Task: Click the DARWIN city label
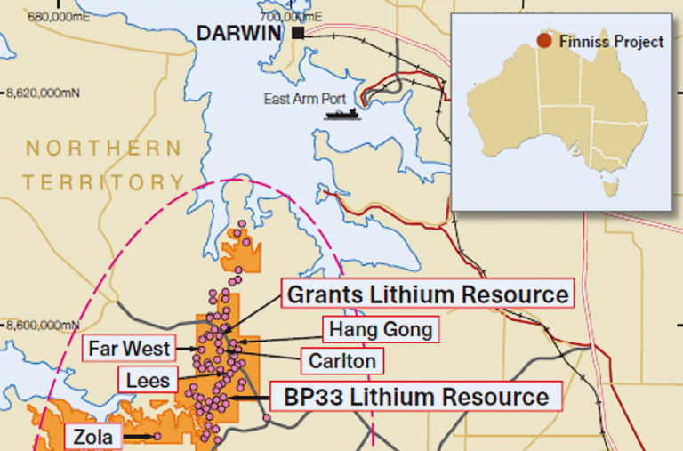click(242, 33)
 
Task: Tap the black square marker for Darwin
click(297, 33)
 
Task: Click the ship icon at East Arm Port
click(342, 114)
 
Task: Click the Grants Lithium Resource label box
click(426, 294)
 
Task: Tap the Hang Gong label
click(381, 330)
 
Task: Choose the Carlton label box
click(342, 361)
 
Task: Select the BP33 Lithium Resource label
click(415, 397)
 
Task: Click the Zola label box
click(93, 437)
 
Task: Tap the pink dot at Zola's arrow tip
click(157, 436)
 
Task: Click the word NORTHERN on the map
click(103, 148)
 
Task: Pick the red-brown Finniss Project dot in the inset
click(543, 41)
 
